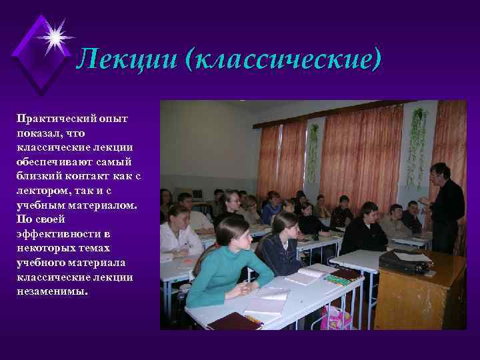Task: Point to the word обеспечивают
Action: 55,161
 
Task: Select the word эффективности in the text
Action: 59,234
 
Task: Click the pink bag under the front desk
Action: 336,318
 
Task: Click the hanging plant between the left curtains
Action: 313,150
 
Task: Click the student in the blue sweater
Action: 271,208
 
